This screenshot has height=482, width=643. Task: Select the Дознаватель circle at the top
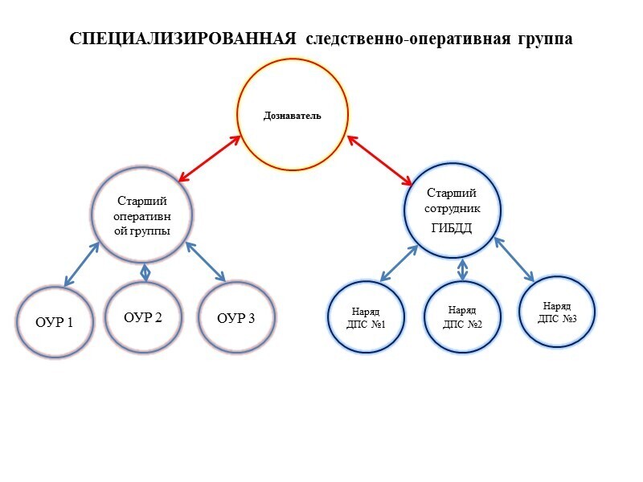click(293, 115)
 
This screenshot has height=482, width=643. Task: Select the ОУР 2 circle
click(143, 317)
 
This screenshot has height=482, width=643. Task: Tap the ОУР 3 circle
click(236, 318)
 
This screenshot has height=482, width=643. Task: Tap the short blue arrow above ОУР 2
click(145, 272)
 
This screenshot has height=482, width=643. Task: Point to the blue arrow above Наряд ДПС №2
click(462, 269)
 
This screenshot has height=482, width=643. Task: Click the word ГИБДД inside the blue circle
click(451, 228)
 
